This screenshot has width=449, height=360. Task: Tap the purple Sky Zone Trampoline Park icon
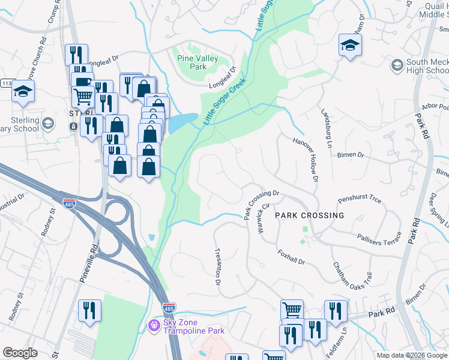tap(154, 325)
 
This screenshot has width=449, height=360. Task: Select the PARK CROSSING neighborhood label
tap(310, 215)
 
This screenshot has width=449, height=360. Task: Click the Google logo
tap(20, 353)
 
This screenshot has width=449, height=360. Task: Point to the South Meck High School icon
tap(397, 65)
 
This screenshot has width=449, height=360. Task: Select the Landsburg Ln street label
tap(327, 128)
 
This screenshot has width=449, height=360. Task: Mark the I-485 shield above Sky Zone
tap(169, 307)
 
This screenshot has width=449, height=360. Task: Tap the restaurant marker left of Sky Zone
tap(89, 311)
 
